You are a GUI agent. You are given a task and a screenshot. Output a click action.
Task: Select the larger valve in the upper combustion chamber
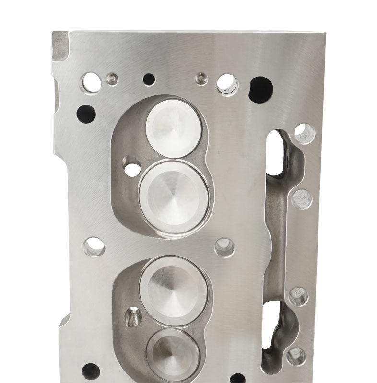(174, 196)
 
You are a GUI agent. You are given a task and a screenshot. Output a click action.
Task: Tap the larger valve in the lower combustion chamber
(174, 290)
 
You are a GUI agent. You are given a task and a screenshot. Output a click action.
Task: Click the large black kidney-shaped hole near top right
(261, 88)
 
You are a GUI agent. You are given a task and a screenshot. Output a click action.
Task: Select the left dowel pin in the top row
(112, 76)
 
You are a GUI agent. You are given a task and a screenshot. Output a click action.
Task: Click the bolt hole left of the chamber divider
(94, 247)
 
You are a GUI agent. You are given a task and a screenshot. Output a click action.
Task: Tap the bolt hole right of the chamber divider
(224, 247)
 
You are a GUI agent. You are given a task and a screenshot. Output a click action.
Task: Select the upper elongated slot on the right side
(274, 152)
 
